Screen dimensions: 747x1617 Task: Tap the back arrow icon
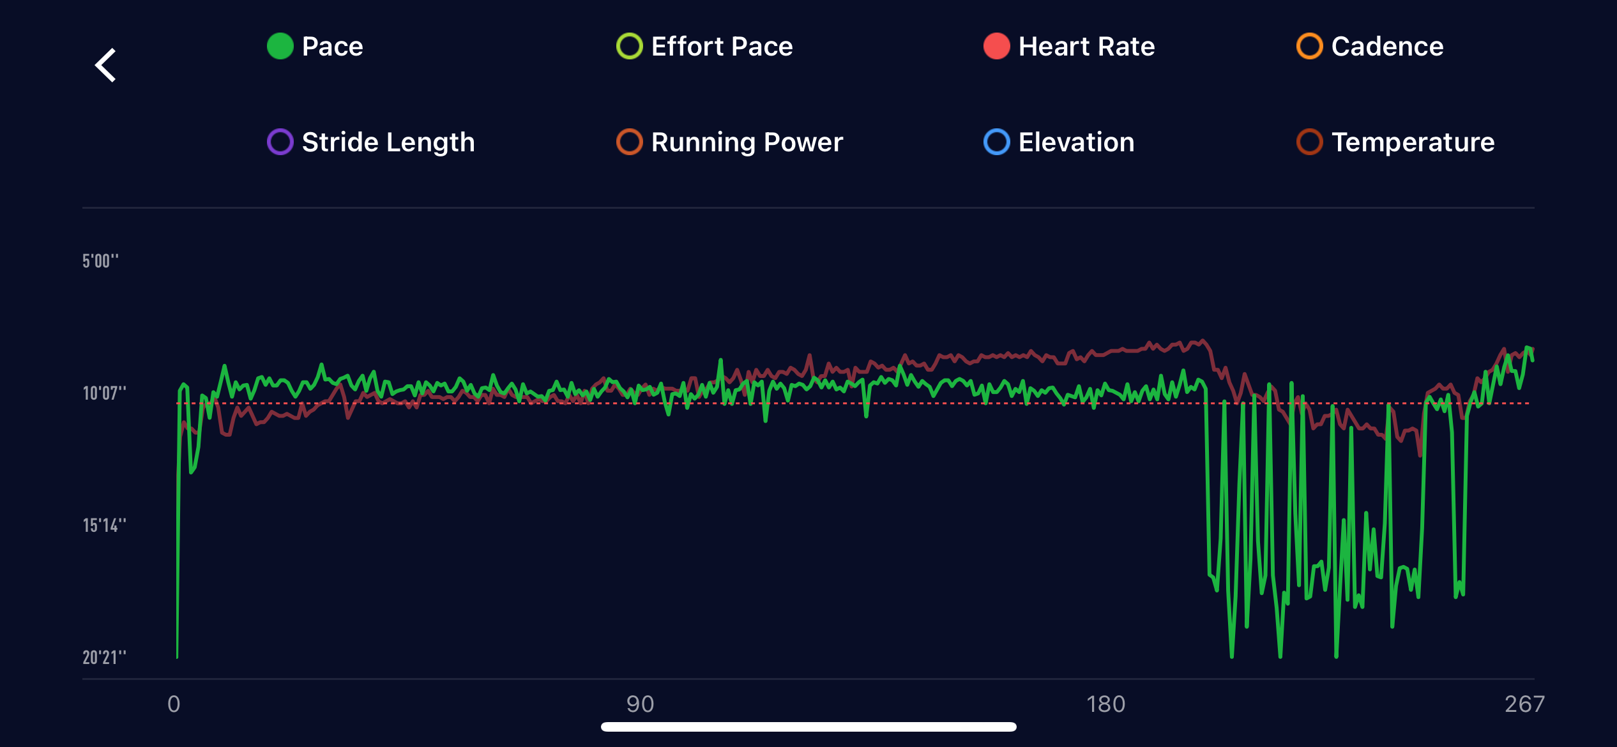106,65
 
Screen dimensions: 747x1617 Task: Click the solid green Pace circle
280,46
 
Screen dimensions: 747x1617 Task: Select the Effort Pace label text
722,47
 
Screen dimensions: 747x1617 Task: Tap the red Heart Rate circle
996,46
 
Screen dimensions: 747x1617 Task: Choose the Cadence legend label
1387,47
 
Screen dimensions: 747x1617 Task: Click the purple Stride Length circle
280,142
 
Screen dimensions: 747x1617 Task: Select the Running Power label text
747,142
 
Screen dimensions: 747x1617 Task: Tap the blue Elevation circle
996,142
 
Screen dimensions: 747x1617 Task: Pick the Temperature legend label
1413,142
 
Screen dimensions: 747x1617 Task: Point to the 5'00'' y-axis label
100,261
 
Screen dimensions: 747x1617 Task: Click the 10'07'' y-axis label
104,393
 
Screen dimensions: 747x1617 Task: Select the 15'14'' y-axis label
104,525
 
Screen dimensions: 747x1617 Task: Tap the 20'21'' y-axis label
104,658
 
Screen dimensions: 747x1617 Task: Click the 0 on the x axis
174,704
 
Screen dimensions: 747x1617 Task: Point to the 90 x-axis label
640,704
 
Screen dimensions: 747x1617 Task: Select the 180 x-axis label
1105,704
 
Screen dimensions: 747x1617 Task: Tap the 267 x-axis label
1524,704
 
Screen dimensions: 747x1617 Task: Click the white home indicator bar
808,727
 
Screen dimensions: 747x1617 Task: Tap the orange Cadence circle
1309,46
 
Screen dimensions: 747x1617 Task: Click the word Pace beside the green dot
332,47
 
